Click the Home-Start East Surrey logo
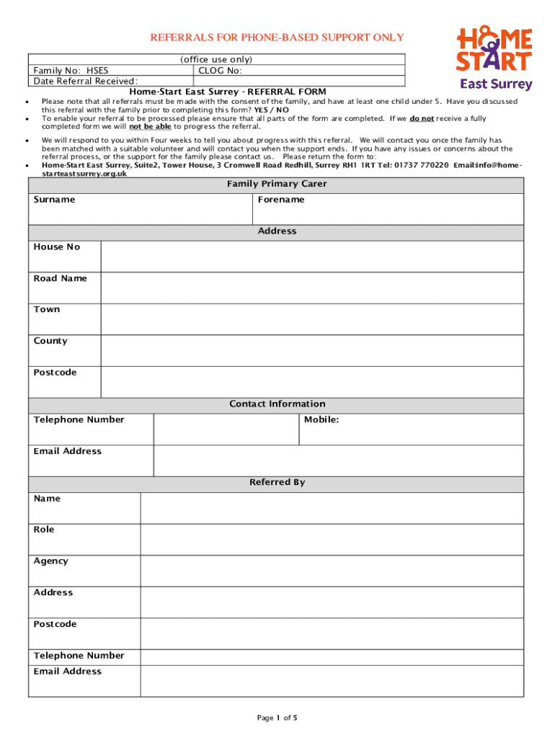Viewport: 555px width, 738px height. click(x=495, y=58)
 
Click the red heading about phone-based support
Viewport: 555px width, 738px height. click(x=277, y=37)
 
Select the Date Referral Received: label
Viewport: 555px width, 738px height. click(x=86, y=81)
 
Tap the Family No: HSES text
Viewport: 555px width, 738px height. click(x=71, y=71)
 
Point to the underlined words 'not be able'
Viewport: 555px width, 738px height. click(x=150, y=126)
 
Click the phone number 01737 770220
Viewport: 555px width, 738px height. click(x=422, y=164)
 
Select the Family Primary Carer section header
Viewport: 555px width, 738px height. click(x=277, y=184)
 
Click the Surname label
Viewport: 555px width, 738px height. click(x=54, y=200)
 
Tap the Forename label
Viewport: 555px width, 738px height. click(x=281, y=200)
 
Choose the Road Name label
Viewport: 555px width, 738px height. click(x=60, y=278)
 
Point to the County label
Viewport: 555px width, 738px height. click(x=50, y=341)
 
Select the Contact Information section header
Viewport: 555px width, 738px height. click(x=277, y=404)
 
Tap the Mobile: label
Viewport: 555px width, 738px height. click(x=321, y=419)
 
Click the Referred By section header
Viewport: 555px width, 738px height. click(x=277, y=482)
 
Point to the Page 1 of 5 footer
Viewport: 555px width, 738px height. click(x=277, y=718)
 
